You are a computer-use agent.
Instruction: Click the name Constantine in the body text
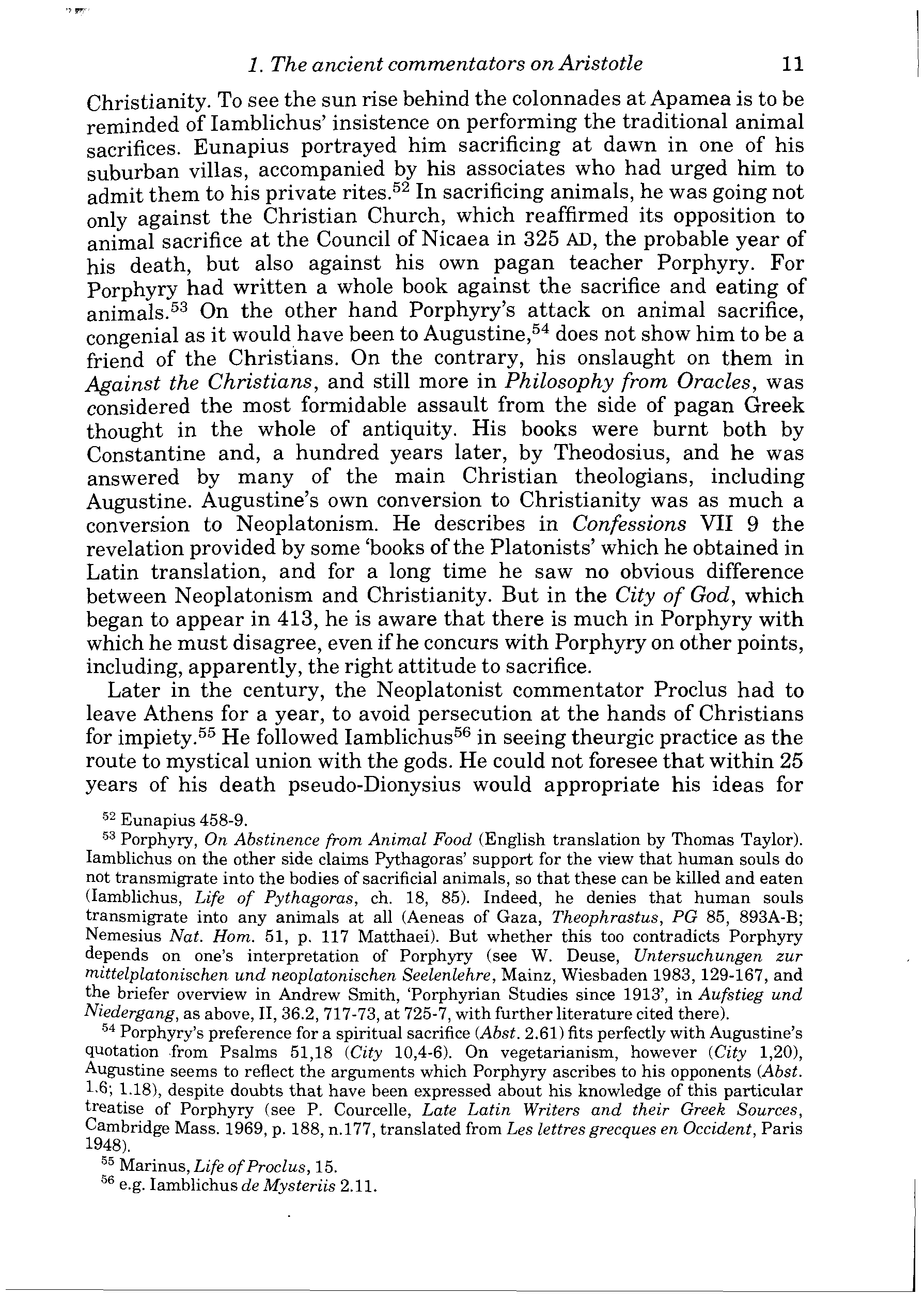click(x=146, y=454)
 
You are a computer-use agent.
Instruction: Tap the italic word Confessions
click(x=628, y=524)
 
